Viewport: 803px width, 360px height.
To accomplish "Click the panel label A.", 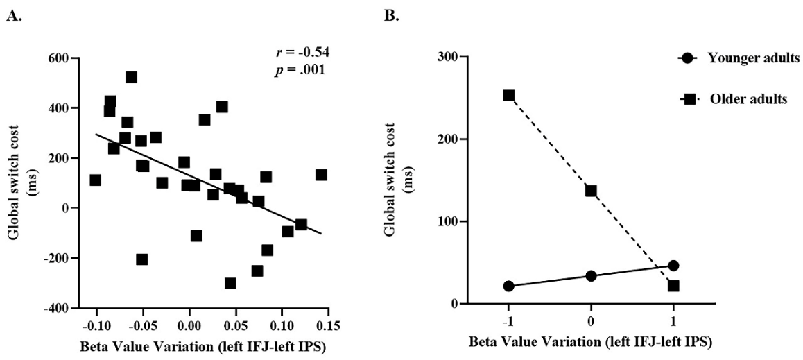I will pyautogui.click(x=12, y=15).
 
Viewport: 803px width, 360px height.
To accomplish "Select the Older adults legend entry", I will pyautogui.click(x=748, y=99).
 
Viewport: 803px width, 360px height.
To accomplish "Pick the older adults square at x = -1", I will pyautogui.click(x=509, y=96).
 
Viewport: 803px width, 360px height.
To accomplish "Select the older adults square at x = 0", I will pyautogui.click(x=591, y=191).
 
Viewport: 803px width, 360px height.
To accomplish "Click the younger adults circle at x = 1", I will pyautogui.click(x=673, y=266).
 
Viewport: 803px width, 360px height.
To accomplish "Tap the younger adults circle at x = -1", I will pyautogui.click(x=509, y=286).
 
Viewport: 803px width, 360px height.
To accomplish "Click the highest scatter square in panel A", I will pyautogui.click(x=131, y=77).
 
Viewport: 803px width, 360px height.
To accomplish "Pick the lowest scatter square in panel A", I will pyautogui.click(x=230, y=283).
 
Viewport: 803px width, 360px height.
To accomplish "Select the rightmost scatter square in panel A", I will pyautogui.click(x=321, y=175).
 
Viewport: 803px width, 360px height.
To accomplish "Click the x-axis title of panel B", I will pyautogui.click(x=590, y=342).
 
